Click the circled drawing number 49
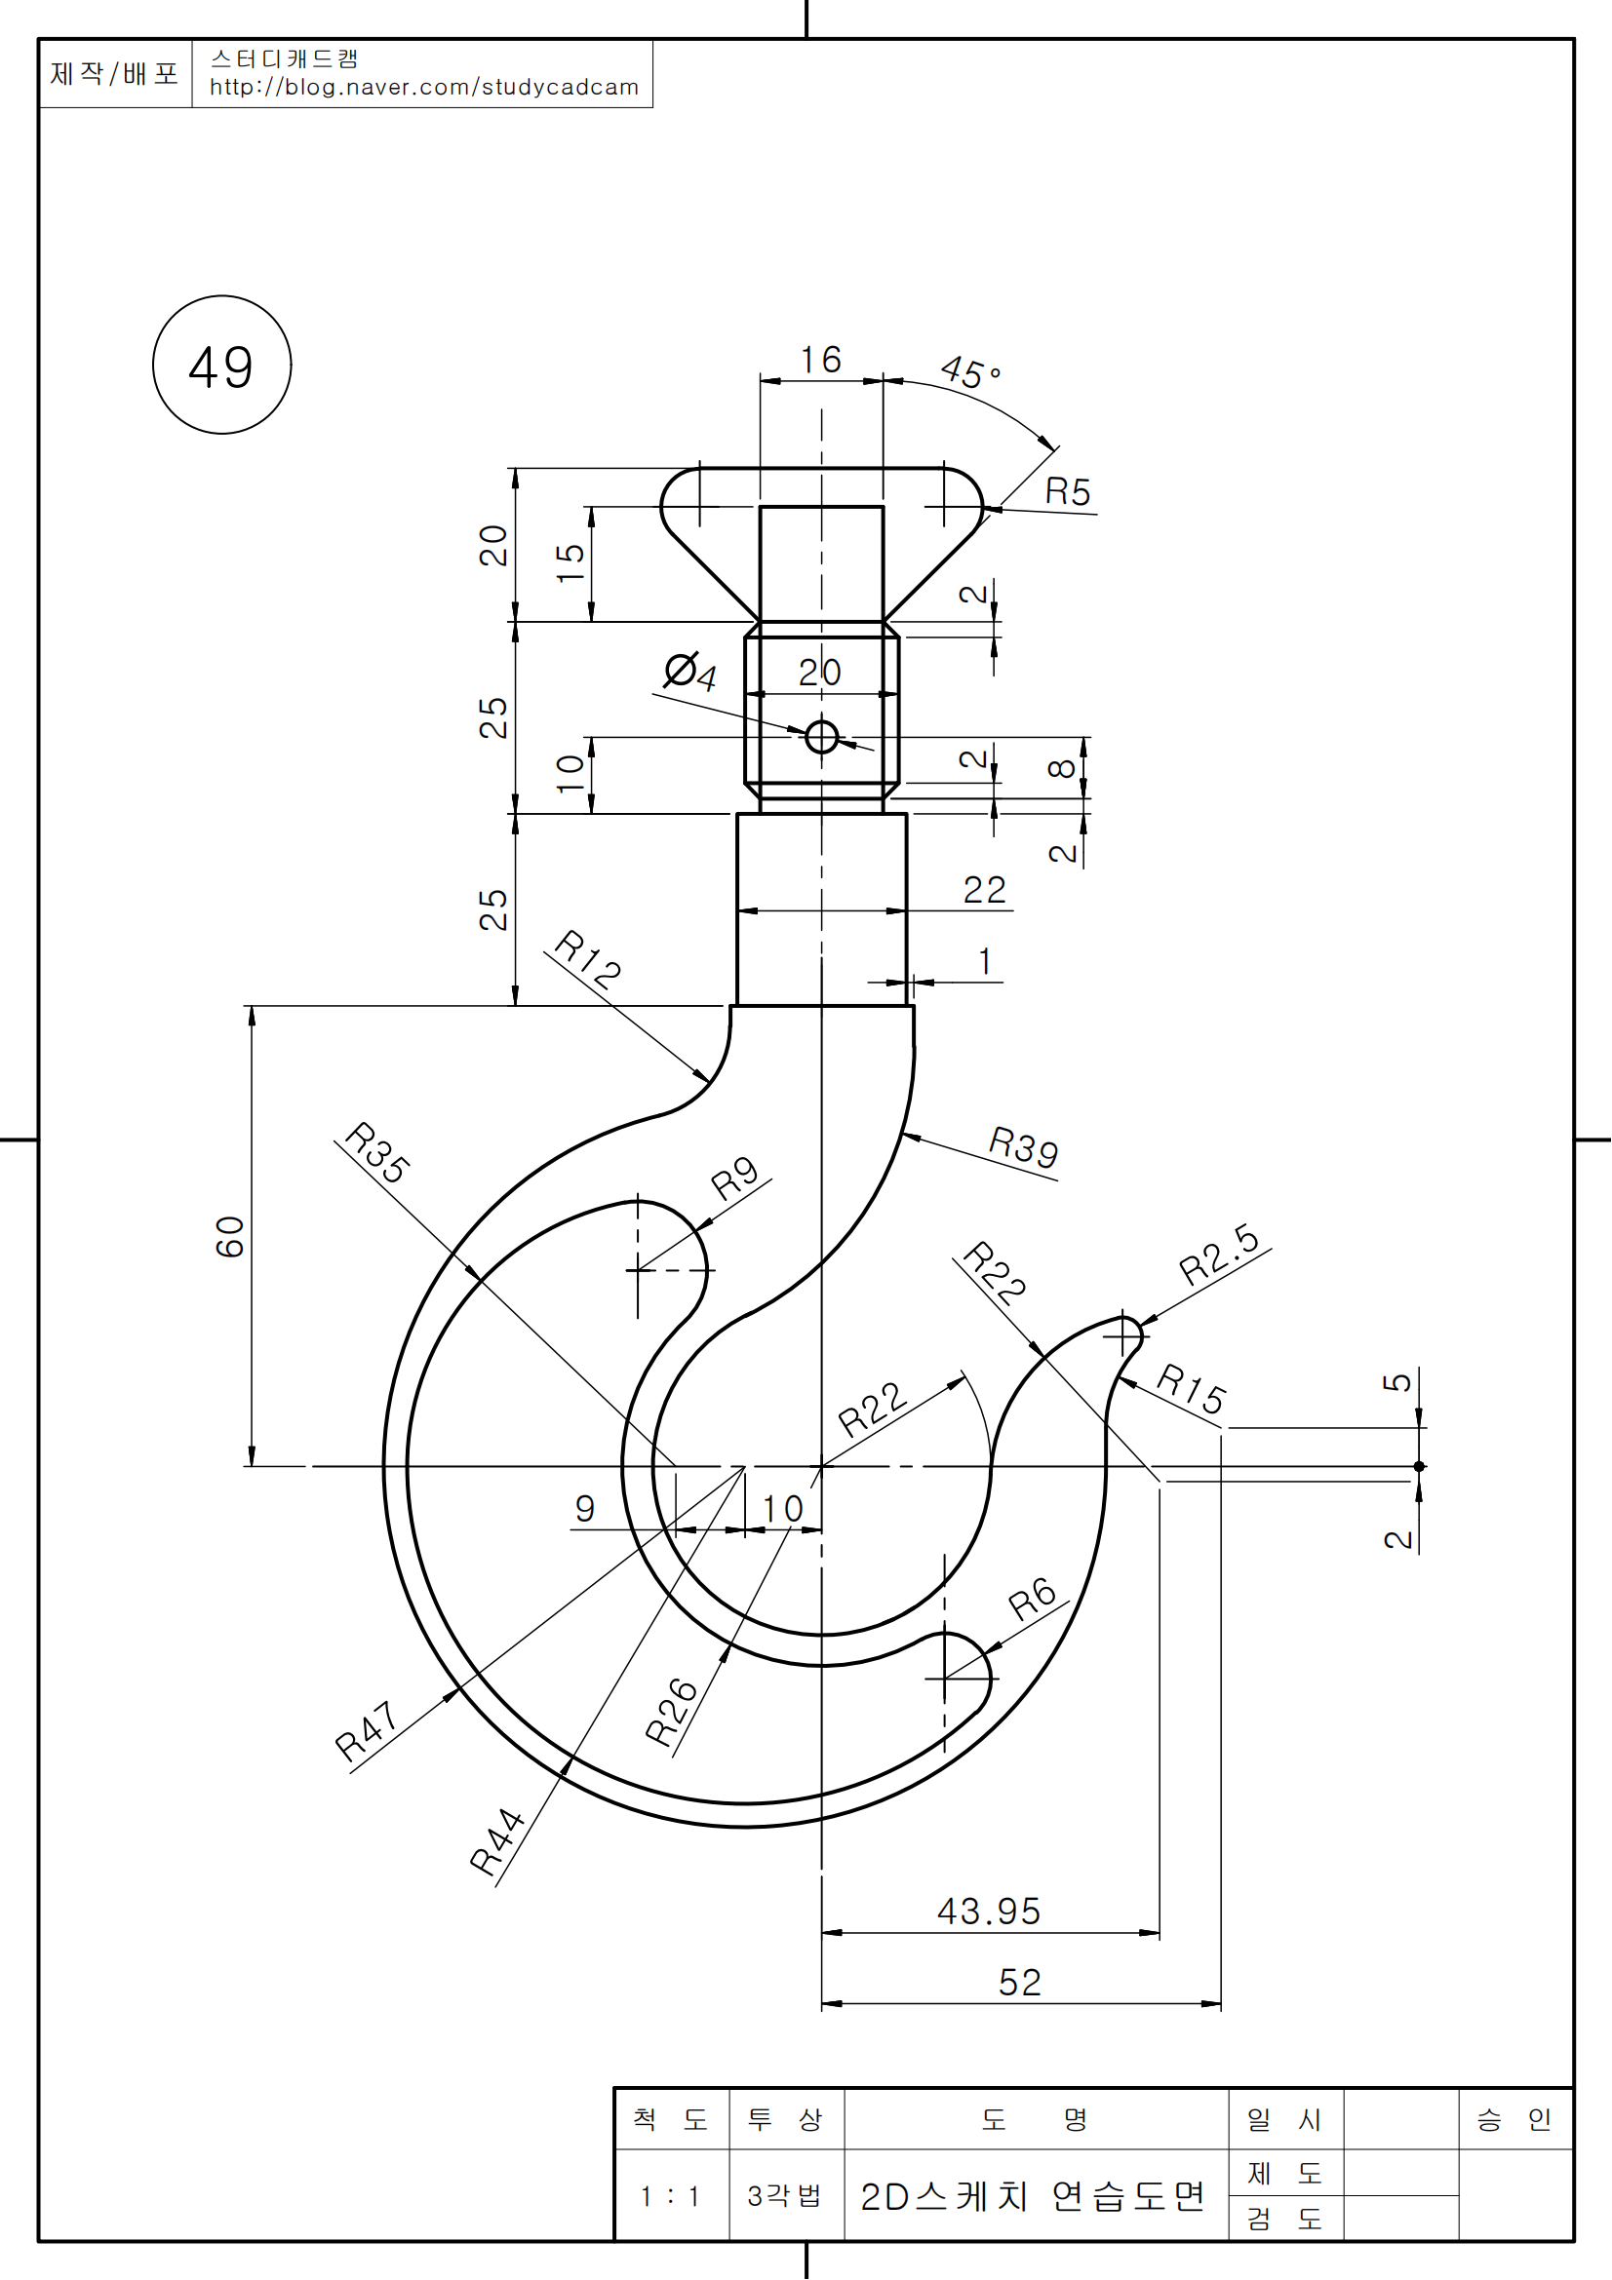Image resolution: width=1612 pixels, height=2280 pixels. pos(221,366)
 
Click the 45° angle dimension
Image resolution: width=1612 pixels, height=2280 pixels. pos(969,372)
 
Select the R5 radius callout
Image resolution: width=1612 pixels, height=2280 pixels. pos(1068,491)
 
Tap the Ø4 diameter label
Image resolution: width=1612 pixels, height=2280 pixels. pos(690,673)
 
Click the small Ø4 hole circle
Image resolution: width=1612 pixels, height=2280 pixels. pos(821,737)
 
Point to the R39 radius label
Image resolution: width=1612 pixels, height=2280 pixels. pos(1023,1148)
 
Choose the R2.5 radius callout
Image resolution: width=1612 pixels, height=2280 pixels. pos(1219,1256)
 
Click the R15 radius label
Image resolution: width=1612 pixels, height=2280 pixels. pos(1192,1388)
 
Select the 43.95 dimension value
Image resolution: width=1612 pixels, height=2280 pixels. pos(988,1912)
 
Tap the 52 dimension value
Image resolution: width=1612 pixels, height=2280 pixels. pos(1019,1983)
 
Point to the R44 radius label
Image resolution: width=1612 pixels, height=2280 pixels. pos(496,1842)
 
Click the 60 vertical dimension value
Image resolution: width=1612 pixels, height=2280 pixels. pos(229,1236)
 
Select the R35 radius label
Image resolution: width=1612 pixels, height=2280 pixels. pos(376,1153)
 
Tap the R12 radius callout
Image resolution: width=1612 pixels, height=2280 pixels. pos(587,959)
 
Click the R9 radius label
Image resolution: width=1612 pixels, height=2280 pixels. pos(735,1179)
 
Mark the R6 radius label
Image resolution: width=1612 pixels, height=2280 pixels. pos(1032,1598)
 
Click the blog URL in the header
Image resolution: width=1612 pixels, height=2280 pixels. pos(424,88)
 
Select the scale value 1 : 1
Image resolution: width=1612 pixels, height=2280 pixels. pos(670,2195)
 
